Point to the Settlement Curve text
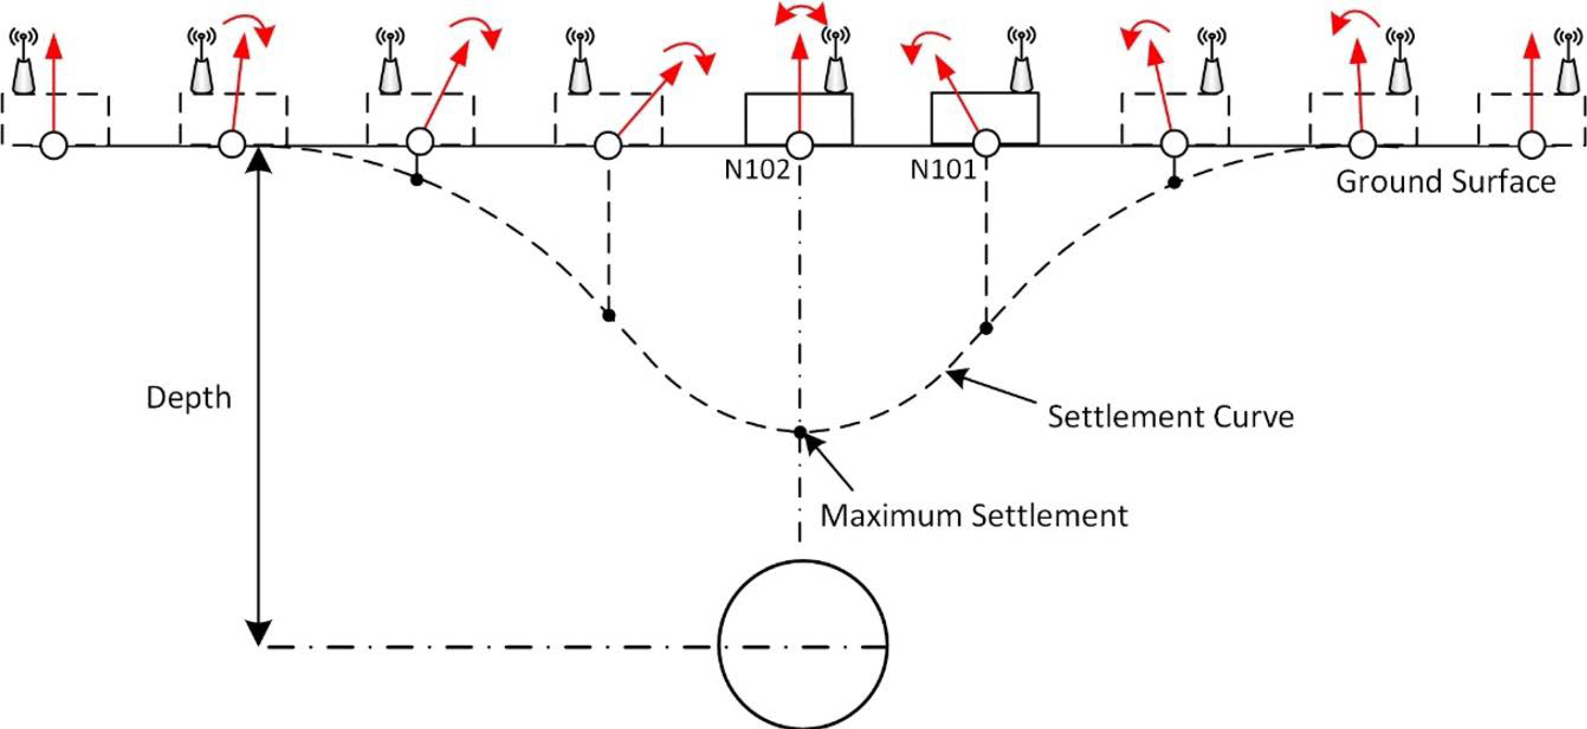1171,417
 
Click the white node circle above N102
800,145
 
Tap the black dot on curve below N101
986,328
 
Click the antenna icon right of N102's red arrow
836,62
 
